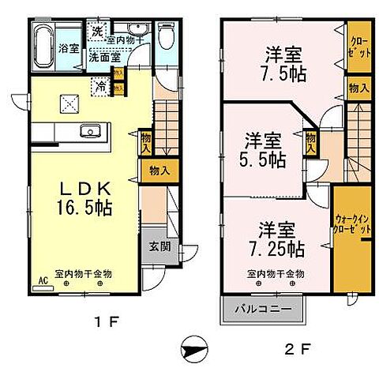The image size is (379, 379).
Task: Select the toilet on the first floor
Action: click(x=166, y=35)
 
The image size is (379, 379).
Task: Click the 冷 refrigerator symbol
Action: click(x=102, y=87)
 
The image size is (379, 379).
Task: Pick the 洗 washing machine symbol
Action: click(x=96, y=32)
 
